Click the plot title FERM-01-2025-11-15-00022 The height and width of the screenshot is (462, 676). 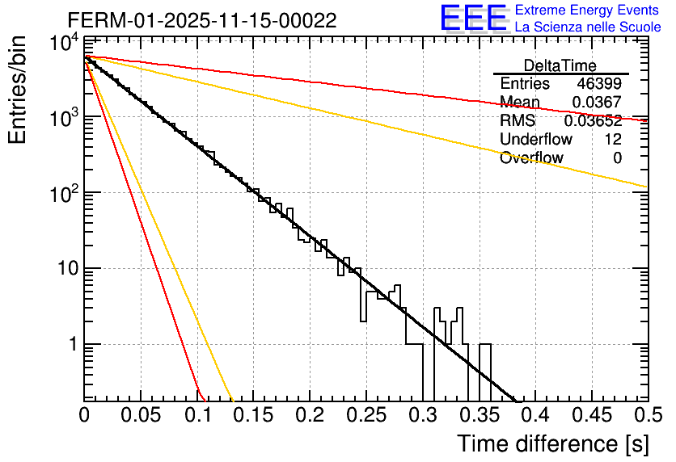click(202, 20)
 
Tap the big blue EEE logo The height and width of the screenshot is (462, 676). click(473, 19)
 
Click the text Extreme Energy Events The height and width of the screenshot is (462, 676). click(588, 10)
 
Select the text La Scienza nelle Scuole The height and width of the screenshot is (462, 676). click(588, 27)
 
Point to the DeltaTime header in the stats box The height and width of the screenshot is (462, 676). click(560, 65)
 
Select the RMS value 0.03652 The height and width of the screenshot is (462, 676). click(593, 121)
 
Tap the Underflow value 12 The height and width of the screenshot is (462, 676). click(612, 140)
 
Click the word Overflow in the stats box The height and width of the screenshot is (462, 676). click(531, 158)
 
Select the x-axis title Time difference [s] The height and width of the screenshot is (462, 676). click(551, 443)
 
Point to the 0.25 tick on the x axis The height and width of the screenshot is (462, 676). click(365, 416)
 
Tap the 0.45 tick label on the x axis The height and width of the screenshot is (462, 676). click(591, 416)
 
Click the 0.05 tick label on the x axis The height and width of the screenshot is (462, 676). click(141, 416)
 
